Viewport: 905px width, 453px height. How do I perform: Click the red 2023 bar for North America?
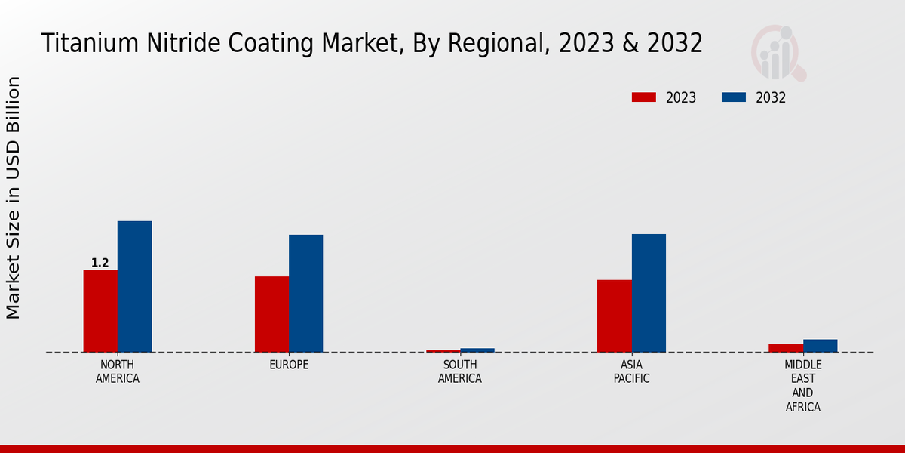pyautogui.click(x=100, y=310)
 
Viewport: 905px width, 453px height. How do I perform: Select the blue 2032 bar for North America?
pyautogui.click(x=134, y=286)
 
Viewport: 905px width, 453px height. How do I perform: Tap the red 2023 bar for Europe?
pyautogui.click(x=271, y=314)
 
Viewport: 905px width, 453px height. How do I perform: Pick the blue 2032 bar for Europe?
pyautogui.click(x=305, y=293)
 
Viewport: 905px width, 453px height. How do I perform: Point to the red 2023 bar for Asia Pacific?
pyautogui.click(x=614, y=316)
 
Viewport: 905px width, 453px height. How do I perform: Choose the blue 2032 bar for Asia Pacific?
pyautogui.click(x=649, y=293)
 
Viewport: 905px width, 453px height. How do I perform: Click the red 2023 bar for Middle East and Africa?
pyautogui.click(x=785, y=348)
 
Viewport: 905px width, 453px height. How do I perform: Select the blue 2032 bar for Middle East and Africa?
pyautogui.click(x=820, y=346)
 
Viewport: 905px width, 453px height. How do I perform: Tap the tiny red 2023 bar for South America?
pyautogui.click(x=443, y=351)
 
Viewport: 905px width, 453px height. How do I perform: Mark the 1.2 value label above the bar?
pyautogui.click(x=100, y=263)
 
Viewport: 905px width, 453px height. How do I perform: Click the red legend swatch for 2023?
pyautogui.click(x=644, y=97)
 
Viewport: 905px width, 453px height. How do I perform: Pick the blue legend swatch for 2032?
pyautogui.click(x=734, y=97)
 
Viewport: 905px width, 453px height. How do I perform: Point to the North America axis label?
pyautogui.click(x=118, y=371)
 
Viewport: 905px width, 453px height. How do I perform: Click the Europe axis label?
pyautogui.click(x=289, y=365)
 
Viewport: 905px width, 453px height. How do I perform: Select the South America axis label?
pyautogui.click(x=460, y=371)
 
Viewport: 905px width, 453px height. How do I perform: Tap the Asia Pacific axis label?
pyautogui.click(x=631, y=371)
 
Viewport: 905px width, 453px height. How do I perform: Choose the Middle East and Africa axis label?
pyautogui.click(x=802, y=386)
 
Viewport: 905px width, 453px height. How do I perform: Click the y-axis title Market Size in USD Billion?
pyautogui.click(x=14, y=198)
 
